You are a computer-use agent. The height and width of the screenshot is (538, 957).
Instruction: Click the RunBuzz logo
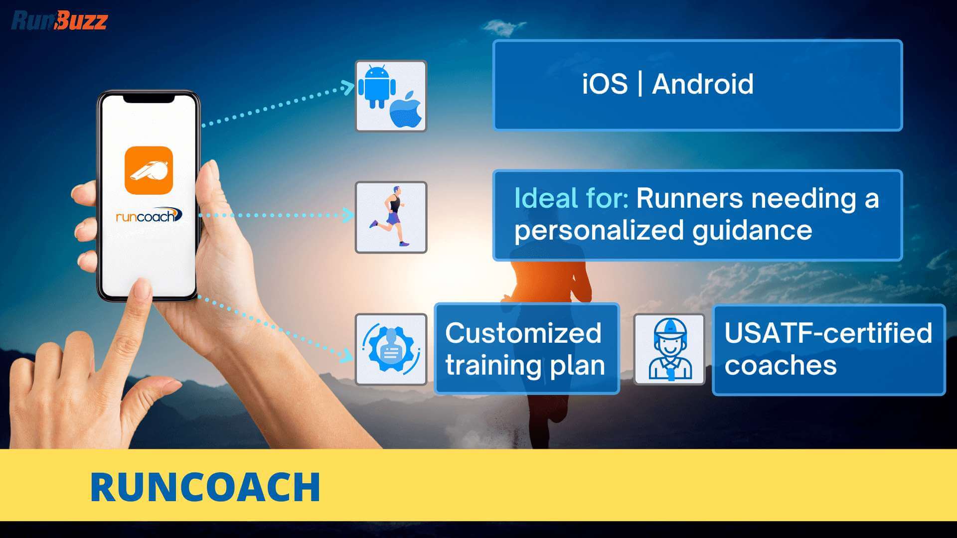59,20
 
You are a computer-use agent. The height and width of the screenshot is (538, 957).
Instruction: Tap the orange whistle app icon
149,170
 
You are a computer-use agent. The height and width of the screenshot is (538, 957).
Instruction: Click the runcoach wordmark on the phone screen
149,215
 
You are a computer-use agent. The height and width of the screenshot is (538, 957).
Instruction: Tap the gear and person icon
391,349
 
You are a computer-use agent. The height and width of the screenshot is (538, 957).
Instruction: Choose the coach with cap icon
669,350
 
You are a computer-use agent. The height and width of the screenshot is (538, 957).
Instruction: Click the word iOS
605,84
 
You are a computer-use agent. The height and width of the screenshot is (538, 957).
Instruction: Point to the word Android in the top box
703,84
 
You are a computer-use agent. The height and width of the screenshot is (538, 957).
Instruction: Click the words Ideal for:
571,198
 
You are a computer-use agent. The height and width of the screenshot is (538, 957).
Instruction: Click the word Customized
523,333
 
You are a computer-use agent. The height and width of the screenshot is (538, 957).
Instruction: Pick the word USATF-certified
828,333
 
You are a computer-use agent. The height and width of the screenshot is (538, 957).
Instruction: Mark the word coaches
781,366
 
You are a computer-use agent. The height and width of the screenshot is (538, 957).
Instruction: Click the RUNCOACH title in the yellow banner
205,487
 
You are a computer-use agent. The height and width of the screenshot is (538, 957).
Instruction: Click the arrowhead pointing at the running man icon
348,215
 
